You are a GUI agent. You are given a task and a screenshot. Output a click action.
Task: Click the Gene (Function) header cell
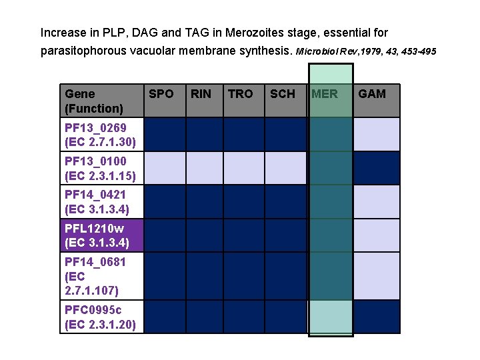[x=102, y=101]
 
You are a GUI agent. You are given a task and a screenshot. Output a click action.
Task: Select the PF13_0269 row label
[x=102, y=134]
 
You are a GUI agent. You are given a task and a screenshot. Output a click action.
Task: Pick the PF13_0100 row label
[x=102, y=168]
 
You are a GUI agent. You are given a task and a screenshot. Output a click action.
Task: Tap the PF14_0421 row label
[x=102, y=201]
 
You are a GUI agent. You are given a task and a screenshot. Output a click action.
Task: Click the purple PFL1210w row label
[x=102, y=235]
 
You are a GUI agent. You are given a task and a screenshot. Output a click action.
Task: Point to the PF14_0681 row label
[x=102, y=275]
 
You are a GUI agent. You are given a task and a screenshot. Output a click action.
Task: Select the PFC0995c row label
[x=102, y=317]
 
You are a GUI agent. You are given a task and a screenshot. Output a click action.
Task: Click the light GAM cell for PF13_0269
[x=376, y=134]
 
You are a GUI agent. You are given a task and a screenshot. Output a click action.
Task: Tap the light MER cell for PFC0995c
[x=331, y=317]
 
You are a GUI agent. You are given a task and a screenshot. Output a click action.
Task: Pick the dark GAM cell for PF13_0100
[x=376, y=168]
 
